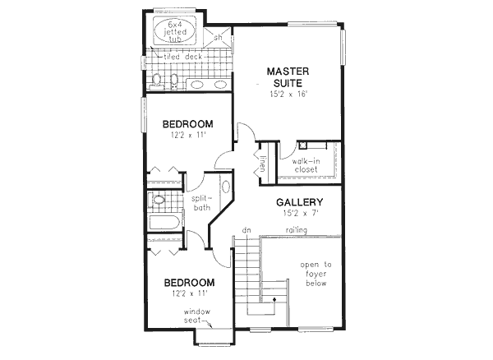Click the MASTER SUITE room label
tap(287, 77)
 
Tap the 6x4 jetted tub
tap(173, 30)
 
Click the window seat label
tap(198, 316)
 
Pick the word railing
tap(297, 230)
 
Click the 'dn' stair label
tap(246, 230)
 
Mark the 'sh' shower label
tap(219, 38)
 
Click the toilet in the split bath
tap(158, 200)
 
